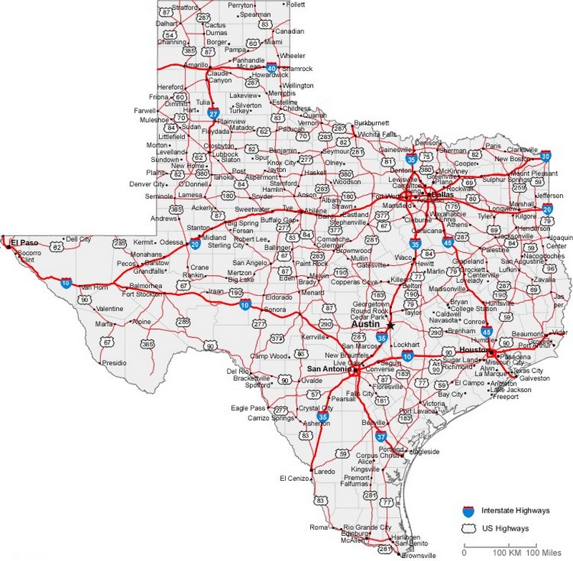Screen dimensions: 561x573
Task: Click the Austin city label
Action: coord(365,323)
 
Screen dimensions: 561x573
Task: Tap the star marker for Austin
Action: coord(390,325)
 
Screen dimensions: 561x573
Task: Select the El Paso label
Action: coord(24,243)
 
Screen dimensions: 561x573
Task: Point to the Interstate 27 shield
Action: coord(213,113)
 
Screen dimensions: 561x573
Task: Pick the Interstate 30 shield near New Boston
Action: coord(546,155)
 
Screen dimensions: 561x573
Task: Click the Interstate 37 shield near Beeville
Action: coord(381,436)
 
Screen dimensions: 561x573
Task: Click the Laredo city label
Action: coord(324,471)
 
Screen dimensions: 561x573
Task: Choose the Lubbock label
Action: coord(225,153)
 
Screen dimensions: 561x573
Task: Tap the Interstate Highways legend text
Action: coord(515,510)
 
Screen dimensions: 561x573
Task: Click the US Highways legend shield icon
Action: coord(468,528)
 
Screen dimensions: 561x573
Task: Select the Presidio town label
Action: coord(115,363)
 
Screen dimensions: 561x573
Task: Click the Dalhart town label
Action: coord(166,23)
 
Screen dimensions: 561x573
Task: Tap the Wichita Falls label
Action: coord(379,134)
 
